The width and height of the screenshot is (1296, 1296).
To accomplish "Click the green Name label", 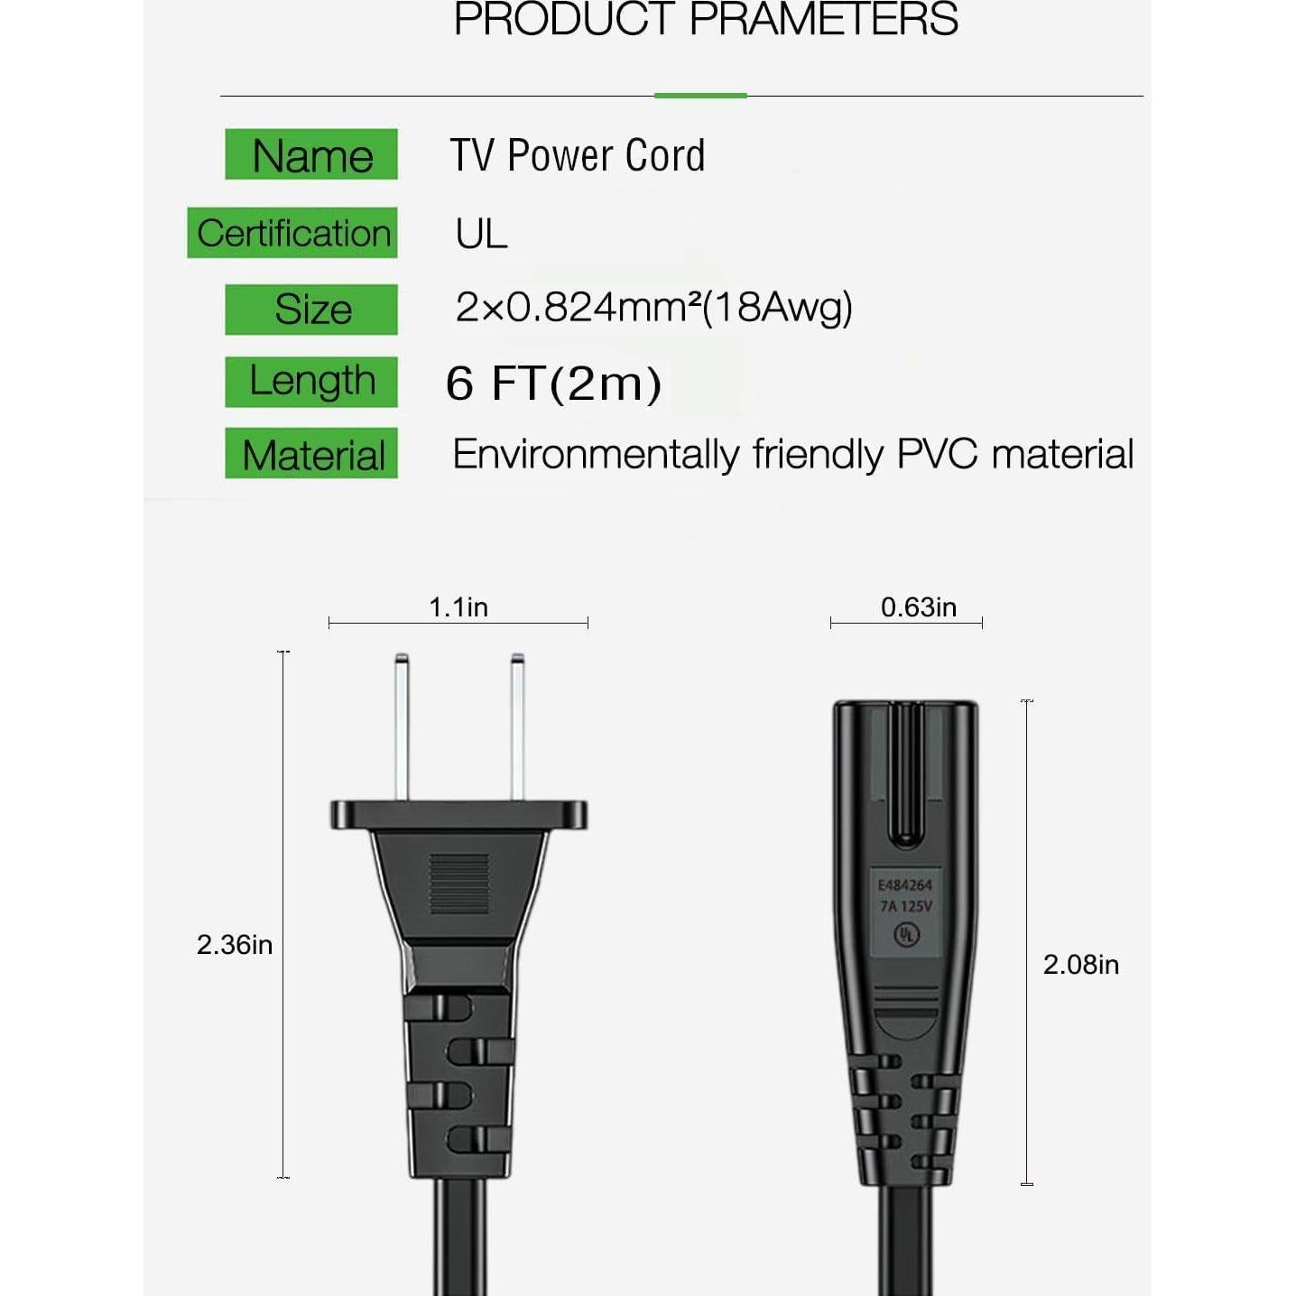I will pyautogui.click(x=311, y=155).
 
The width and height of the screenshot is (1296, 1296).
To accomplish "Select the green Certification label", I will pyautogui.click(x=292, y=233).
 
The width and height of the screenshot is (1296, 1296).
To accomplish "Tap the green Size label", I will pyautogui.click(x=311, y=310).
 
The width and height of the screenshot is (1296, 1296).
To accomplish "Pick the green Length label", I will pyautogui.click(x=311, y=381).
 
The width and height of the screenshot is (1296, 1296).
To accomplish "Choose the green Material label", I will pyautogui.click(x=311, y=454).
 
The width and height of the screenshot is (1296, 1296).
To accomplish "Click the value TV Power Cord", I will pyautogui.click(x=578, y=155).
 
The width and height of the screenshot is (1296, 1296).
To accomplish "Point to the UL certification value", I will pyautogui.click(x=481, y=234).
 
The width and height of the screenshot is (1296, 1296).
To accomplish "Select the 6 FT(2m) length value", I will pyautogui.click(x=553, y=383).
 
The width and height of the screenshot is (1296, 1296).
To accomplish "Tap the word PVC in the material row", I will pyautogui.click(x=937, y=454).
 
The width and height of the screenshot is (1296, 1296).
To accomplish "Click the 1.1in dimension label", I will pyautogui.click(x=458, y=607).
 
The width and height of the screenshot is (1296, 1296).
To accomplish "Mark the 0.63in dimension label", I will pyautogui.click(x=919, y=607).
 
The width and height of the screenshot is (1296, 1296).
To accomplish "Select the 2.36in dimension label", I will pyautogui.click(x=235, y=945).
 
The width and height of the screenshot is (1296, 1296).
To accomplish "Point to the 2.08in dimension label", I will pyautogui.click(x=1080, y=965).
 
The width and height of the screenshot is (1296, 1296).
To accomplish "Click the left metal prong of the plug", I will pyautogui.click(x=402, y=727).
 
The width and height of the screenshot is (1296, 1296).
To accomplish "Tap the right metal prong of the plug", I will pyautogui.click(x=517, y=727).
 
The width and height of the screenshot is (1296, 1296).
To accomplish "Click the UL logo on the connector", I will pyautogui.click(x=905, y=934).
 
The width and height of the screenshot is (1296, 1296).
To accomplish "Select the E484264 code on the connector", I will pyautogui.click(x=905, y=885).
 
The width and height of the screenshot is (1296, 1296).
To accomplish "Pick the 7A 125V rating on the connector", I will pyautogui.click(x=906, y=906).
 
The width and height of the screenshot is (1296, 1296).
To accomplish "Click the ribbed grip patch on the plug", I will pyautogui.click(x=459, y=884).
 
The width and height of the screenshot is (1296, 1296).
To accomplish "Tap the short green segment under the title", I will pyautogui.click(x=700, y=95).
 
